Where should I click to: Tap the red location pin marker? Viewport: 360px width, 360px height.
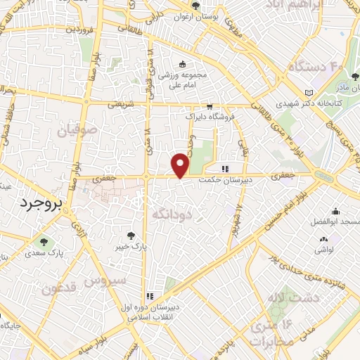pos(181,165)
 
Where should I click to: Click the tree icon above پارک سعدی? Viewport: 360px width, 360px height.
pos(44,242)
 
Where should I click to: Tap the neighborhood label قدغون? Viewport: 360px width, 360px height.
pos(59,288)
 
